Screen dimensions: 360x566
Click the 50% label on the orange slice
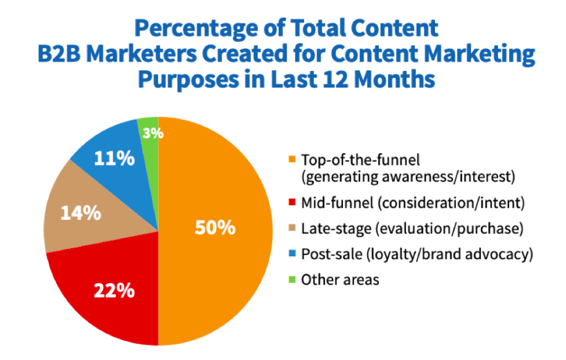(215, 228)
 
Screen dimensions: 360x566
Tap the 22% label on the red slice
(114, 290)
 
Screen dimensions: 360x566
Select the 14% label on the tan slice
(80, 214)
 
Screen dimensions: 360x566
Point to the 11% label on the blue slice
(114, 159)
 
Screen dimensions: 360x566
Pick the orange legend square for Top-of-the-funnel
(292, 161)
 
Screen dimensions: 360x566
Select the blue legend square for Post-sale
(292, 254)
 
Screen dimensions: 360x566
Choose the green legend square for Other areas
(292, 280)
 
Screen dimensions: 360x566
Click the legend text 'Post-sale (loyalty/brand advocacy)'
(418, 254)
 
